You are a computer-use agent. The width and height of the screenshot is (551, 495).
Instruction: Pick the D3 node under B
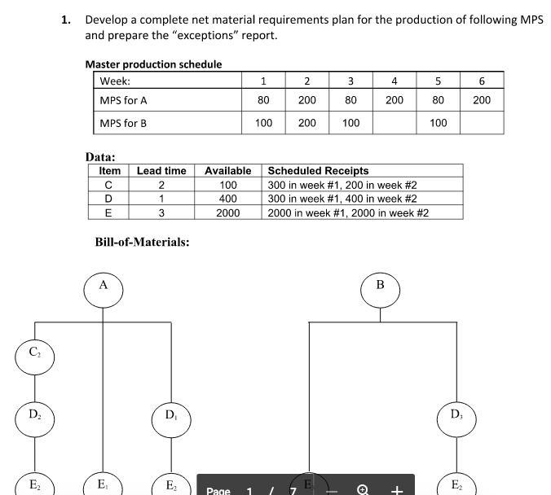click(x=456, y=417)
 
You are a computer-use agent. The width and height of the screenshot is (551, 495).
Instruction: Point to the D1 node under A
click(x=170, y=417)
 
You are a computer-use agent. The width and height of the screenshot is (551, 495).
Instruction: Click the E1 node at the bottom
click(x=102, y=485)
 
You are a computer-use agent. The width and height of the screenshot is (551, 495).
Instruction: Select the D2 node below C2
click(x=33, y=417)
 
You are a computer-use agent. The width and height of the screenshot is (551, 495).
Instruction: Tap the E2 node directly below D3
click(x=456, y=485)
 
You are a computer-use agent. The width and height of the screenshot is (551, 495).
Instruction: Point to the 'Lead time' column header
click(x=161, y=171)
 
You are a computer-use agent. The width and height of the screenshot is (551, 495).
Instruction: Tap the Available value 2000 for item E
click(x=227, y=212)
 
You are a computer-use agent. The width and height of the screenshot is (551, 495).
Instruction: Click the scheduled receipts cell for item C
click(x=342, y=185)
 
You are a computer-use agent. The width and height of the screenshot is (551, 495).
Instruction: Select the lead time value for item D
click(x=161, y=199)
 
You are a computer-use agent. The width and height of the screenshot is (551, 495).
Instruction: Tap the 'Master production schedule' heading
click(x=153, y=64)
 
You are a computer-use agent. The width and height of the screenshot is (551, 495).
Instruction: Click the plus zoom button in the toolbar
click(x=397, y=490)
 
